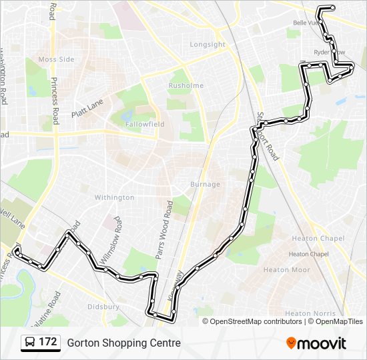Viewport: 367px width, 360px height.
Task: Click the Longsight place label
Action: (208, 45)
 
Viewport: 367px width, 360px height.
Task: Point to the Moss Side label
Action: (56, 59)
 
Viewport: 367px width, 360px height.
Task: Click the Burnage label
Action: (205, 184)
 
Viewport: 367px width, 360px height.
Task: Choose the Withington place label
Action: (114, 197)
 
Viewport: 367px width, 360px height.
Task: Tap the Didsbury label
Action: (103, 307)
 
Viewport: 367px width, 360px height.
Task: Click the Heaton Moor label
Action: (286, 270)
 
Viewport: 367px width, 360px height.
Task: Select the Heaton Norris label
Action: (307, 313)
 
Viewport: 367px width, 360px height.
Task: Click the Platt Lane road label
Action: (86, 107)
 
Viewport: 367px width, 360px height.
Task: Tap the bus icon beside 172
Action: (29, 343)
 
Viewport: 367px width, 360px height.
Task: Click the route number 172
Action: (48, 343)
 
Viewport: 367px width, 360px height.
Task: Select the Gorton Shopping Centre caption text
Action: (123, 343)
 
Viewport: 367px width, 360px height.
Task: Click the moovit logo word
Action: (322, 343)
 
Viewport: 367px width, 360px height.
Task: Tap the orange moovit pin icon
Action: (292, 343)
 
